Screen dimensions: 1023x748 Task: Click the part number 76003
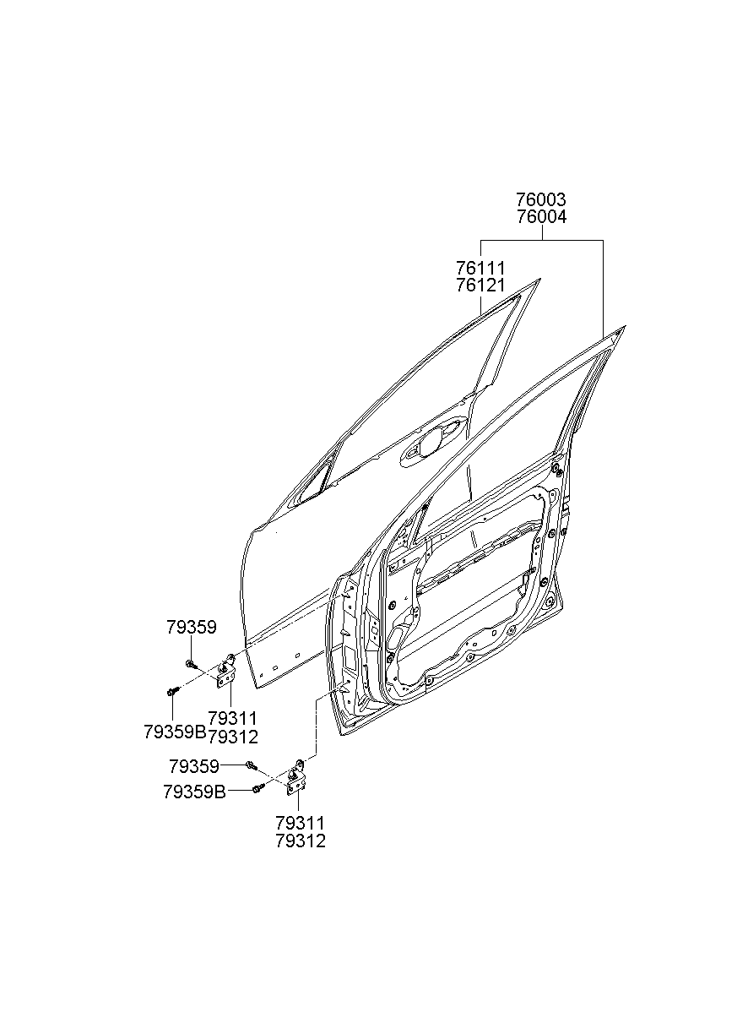[x=541, y=200]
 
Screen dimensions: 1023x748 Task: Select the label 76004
[x=541, y=216]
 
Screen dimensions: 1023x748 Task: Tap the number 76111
[x=480, y=268]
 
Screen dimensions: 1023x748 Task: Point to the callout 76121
[x=480, y=285]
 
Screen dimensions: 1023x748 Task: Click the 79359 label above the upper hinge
[x=191, y=628]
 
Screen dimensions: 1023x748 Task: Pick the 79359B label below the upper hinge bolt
[x=175, y=732]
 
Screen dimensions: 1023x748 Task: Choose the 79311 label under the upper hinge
[x=232, y=719]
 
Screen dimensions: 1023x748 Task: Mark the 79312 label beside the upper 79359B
[x=232, y=737]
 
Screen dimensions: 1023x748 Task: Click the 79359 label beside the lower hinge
[x=194, y=766]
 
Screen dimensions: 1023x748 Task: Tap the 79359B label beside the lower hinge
[x=194, y=792]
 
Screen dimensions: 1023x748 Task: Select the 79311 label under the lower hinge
[x=300, y=823]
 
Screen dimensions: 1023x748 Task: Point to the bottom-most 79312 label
[x=300, y=841]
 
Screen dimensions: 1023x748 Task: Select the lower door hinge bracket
[x=296, y=778]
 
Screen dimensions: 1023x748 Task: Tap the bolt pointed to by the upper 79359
[x=192, y=663]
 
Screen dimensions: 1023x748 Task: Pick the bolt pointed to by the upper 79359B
[x=172, y=691]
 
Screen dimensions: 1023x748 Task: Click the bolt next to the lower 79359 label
[x=251, y=765]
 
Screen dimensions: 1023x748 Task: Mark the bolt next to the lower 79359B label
[x=257, y=789]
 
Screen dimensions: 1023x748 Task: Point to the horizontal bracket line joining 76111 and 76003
[x=541, y=241]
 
